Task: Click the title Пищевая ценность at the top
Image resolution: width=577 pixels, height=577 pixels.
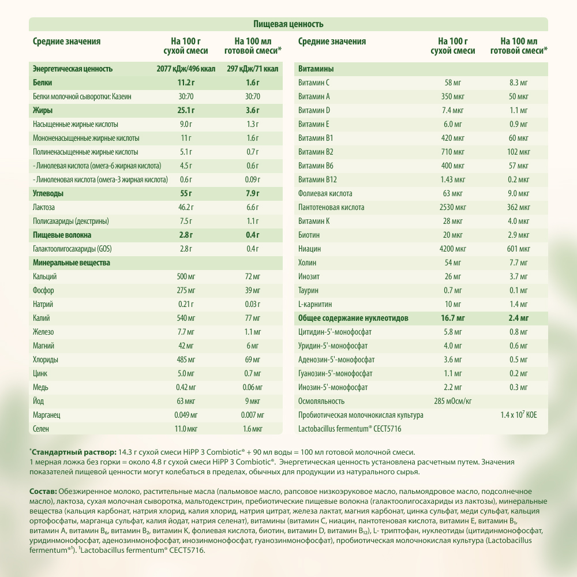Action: point(288,24)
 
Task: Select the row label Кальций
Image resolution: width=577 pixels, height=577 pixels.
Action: point(44,276)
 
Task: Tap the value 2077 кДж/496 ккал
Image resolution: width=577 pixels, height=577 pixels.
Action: point(186,69)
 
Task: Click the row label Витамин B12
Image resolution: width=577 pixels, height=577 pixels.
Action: point(314,179)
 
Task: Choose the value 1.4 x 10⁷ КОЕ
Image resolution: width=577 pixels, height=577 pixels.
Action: point(519,414)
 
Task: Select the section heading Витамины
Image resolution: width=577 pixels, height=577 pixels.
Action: point(316,69)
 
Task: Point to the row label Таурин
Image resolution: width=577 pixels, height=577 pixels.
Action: point(308,290)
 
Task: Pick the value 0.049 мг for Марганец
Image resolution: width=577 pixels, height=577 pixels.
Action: point(186,415)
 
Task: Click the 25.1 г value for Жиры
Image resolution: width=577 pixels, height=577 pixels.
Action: point(186,110)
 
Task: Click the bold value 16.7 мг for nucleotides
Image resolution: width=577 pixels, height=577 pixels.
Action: point(453,318)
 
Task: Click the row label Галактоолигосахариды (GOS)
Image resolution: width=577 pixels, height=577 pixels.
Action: point(72,249)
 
